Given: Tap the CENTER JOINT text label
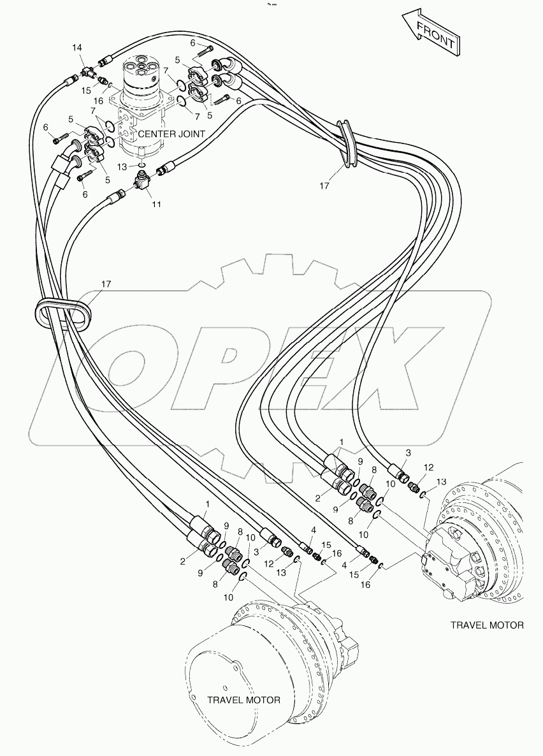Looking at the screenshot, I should [x=171, y=134].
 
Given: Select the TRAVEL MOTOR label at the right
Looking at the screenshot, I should [x=488, y=625].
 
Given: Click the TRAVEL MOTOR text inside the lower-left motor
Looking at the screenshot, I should [x=243, y=700].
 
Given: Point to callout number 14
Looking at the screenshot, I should [x=77, y=48].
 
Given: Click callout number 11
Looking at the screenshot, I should [x=156, y=204].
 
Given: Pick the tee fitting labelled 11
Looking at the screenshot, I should [x=142, y=182].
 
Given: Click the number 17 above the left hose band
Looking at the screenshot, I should [x=106, y=284].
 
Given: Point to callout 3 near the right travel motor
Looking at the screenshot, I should [x=409, y=452].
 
